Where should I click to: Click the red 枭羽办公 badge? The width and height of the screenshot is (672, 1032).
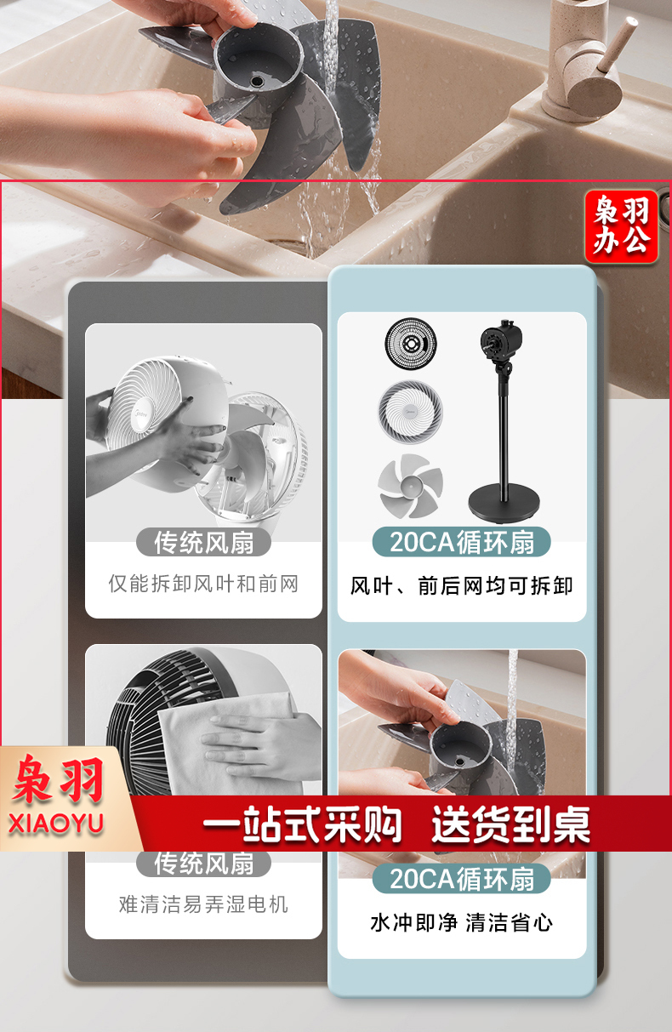tap(621, 226)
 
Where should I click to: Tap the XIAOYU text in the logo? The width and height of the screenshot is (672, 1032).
tap(56, 824)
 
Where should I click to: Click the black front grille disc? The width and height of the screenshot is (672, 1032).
tap(411, 343)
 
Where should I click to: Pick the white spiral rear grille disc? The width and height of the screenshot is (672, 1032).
tap(410, 412)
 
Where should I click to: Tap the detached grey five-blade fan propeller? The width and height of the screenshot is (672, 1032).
tap(410, 486)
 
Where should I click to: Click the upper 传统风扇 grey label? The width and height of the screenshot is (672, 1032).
tap(203, 542)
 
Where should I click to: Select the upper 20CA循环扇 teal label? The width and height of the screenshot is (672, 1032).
tap(462, 542)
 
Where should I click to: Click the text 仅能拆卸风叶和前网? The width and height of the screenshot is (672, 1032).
tap(203, 584)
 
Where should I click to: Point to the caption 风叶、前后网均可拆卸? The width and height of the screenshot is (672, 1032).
tap(462, 586)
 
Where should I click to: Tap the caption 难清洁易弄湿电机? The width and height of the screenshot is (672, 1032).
tap(203, 904)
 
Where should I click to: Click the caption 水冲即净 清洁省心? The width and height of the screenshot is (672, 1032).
tap(462, 923)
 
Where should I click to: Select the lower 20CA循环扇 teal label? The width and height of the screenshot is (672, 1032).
tap(462, 879)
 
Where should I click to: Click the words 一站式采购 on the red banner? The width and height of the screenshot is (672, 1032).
tap(302, 824)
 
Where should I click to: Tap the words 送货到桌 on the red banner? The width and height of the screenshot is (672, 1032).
tap(510, 824)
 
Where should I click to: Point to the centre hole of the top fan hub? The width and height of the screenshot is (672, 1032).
tap(257, 82)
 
